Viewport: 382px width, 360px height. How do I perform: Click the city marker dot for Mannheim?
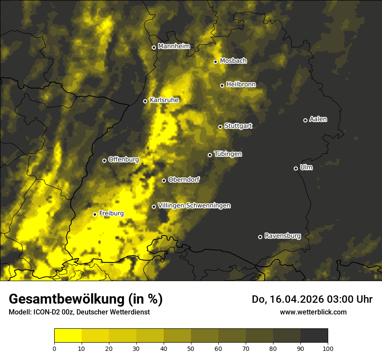click(154, 48)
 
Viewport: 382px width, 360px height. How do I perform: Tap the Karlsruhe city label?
click(164, 100)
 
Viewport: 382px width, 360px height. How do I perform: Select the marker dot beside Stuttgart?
click(220, 127)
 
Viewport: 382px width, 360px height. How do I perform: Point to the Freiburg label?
click(111, 213)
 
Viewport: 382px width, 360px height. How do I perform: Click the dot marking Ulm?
click(296, 168)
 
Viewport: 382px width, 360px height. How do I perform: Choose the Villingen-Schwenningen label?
click(194, 206)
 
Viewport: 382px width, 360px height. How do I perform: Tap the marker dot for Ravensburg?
click(260, 237)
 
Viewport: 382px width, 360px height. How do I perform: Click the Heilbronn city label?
click(241, 85)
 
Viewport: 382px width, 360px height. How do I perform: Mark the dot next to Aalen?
click(305, 120)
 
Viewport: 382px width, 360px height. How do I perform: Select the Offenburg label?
click(123, 160)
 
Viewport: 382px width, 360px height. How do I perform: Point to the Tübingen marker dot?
click(210, 155)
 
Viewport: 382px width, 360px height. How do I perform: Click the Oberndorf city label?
click(184, 180)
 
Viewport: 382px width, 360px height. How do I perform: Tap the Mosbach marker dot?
click(215, 62)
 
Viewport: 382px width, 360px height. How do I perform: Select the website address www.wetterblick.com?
click(313, 312)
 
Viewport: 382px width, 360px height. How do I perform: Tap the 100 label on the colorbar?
click(327, 348)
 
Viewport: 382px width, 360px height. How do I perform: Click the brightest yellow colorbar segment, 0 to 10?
click(68, 336)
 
